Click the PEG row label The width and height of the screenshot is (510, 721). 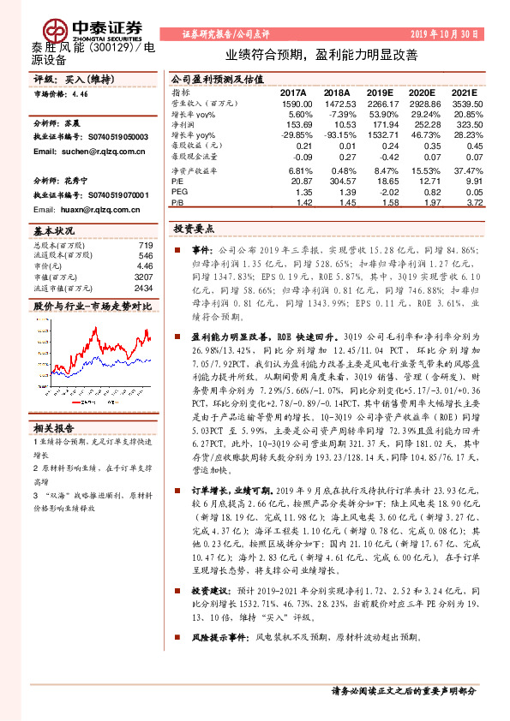(179, 193)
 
